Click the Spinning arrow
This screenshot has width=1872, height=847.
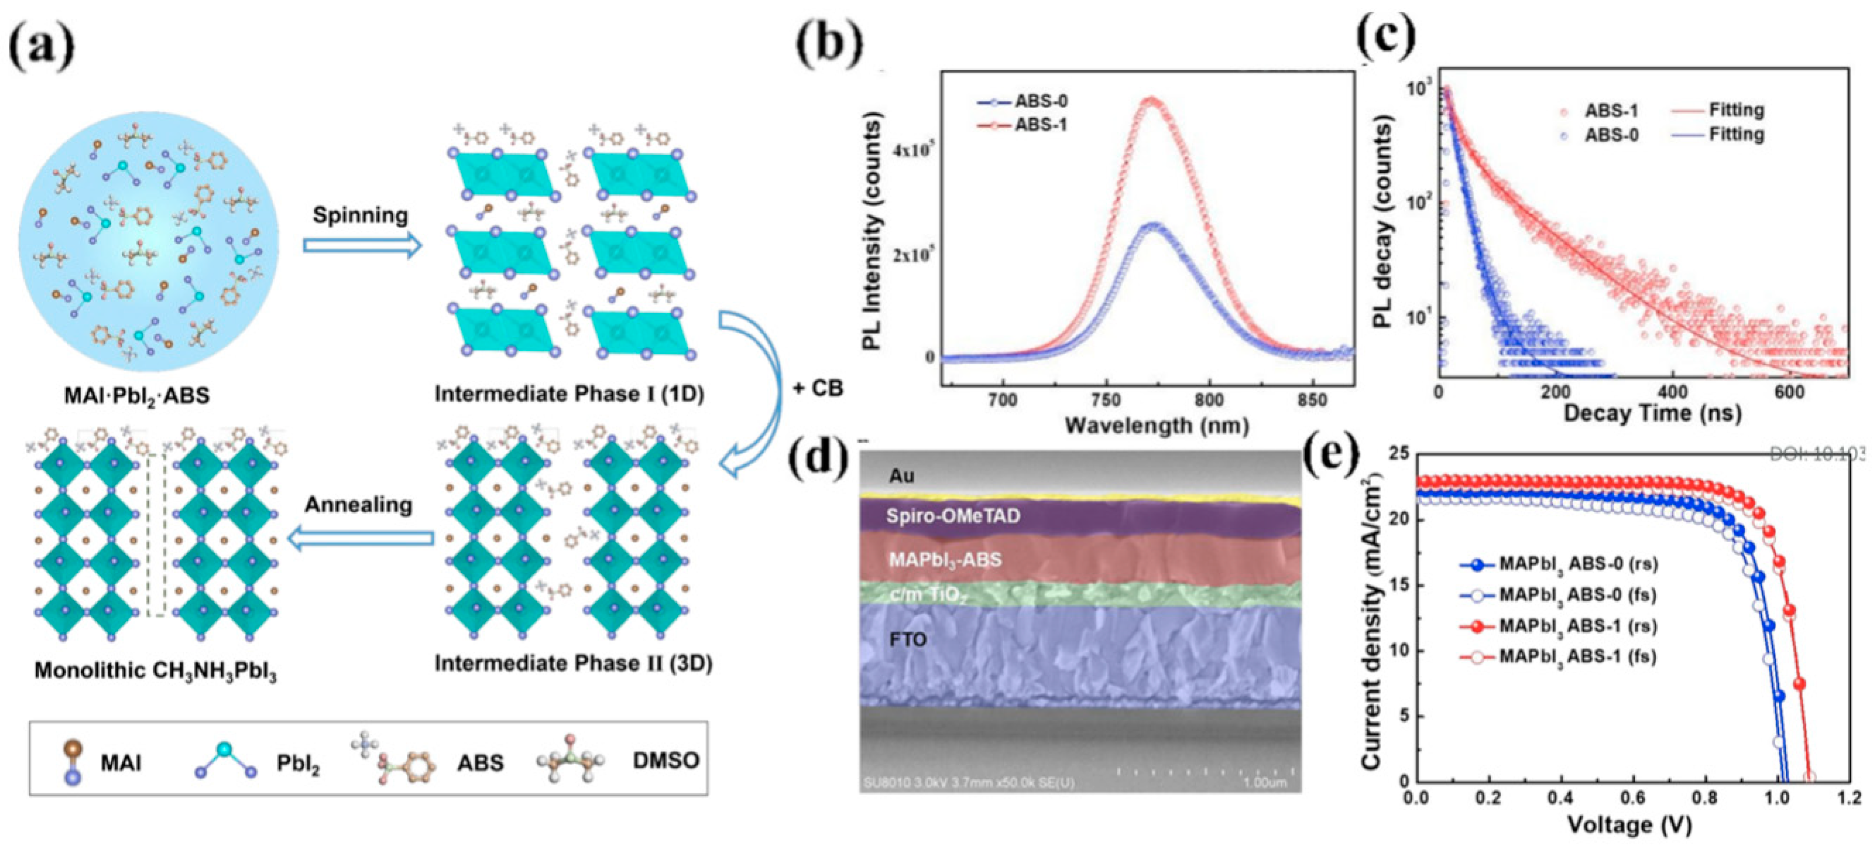362,246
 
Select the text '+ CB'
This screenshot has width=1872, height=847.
818,389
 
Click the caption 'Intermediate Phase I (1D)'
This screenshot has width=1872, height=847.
569,394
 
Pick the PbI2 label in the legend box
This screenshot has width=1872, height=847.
298,763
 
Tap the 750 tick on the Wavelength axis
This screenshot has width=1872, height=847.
1107,400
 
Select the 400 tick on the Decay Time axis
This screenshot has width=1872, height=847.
1673,392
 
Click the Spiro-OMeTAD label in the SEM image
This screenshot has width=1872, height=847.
953,516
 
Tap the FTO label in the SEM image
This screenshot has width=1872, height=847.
909,639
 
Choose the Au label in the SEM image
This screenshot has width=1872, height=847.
901,477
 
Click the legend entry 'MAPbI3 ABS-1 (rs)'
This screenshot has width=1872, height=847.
1578,626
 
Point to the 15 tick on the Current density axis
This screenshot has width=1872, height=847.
1399,586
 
